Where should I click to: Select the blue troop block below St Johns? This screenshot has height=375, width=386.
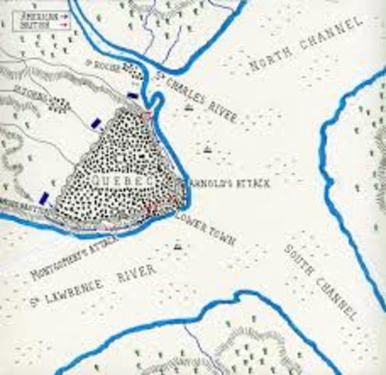96,122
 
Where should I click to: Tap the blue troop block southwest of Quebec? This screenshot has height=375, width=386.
46,198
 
